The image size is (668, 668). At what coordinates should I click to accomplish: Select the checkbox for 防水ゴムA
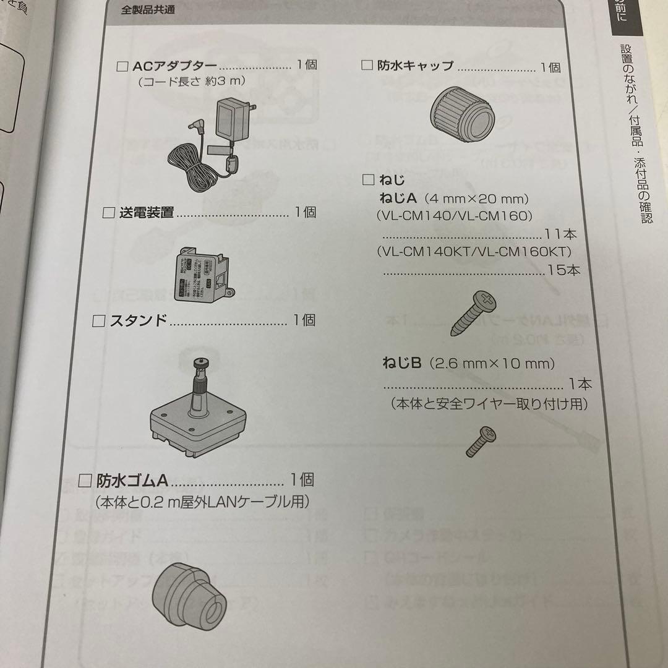(87, 481)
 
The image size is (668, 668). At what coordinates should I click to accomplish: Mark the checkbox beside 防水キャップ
(367, 66)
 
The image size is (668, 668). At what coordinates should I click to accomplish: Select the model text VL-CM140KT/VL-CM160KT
(473, 252)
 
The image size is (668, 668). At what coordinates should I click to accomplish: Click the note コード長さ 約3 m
(192, 81)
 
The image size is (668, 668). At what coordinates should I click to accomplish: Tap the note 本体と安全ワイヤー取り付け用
(489, 404)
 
